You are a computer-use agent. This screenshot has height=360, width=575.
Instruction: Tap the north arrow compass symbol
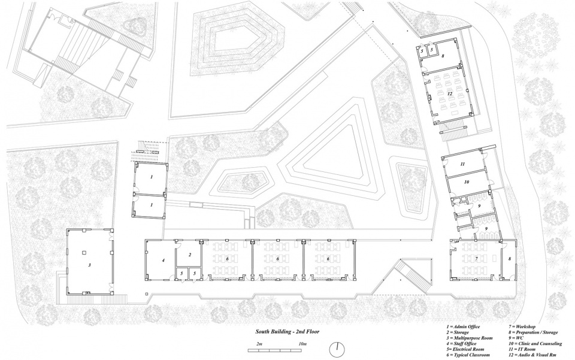click(338, 348)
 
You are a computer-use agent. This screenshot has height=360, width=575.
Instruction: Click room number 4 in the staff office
click(162, 261)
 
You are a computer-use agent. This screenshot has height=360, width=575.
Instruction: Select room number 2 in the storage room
click(189, 255)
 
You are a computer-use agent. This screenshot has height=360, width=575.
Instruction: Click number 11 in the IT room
click(462, 164)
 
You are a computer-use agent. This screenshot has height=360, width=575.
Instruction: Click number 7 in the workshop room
click(477, 259)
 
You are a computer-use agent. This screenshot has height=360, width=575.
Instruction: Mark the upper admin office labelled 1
click(152, 177)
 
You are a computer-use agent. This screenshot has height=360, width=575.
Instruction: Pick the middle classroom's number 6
click(278, 259)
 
